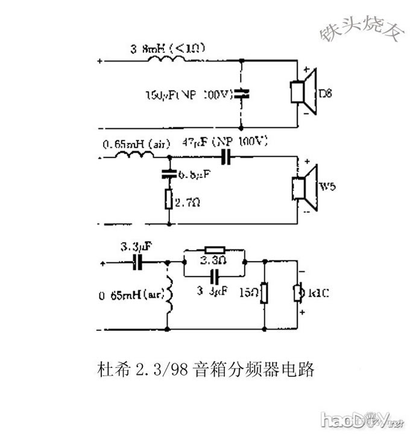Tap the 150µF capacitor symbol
click(241, 94)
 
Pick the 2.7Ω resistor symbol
click(169, 199)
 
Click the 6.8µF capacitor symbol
click(169, 175)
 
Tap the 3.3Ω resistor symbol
click(213, 249)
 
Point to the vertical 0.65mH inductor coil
click(169, 295)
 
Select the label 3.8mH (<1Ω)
click(168, 46)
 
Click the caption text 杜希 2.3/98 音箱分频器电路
click(205, 369)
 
